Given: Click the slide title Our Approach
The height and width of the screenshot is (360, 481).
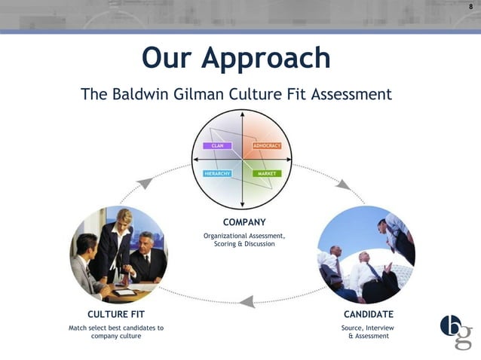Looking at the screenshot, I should [236, 58].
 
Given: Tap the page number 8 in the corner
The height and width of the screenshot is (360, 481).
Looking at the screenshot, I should [471, 7].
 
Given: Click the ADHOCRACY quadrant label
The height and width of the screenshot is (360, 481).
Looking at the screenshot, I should [266, 145].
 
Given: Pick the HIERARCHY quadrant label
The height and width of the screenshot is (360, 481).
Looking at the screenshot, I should [218, 173].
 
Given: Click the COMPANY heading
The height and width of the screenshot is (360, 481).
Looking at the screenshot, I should [244, 222].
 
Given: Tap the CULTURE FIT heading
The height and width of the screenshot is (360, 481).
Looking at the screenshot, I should [116, 313].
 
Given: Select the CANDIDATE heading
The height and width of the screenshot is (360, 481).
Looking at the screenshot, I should [368, 313].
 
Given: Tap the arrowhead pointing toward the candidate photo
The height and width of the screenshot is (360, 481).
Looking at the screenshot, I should [343, 185].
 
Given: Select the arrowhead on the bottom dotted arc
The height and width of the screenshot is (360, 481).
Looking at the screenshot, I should [247, 302].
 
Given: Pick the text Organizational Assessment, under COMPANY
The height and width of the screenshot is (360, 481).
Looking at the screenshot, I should [244, 236].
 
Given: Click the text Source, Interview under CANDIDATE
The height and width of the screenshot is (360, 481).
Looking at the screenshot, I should [368, 328].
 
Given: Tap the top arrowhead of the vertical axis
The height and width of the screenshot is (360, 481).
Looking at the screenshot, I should [242, 114].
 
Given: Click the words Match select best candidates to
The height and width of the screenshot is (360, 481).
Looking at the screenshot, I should [116, 328].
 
